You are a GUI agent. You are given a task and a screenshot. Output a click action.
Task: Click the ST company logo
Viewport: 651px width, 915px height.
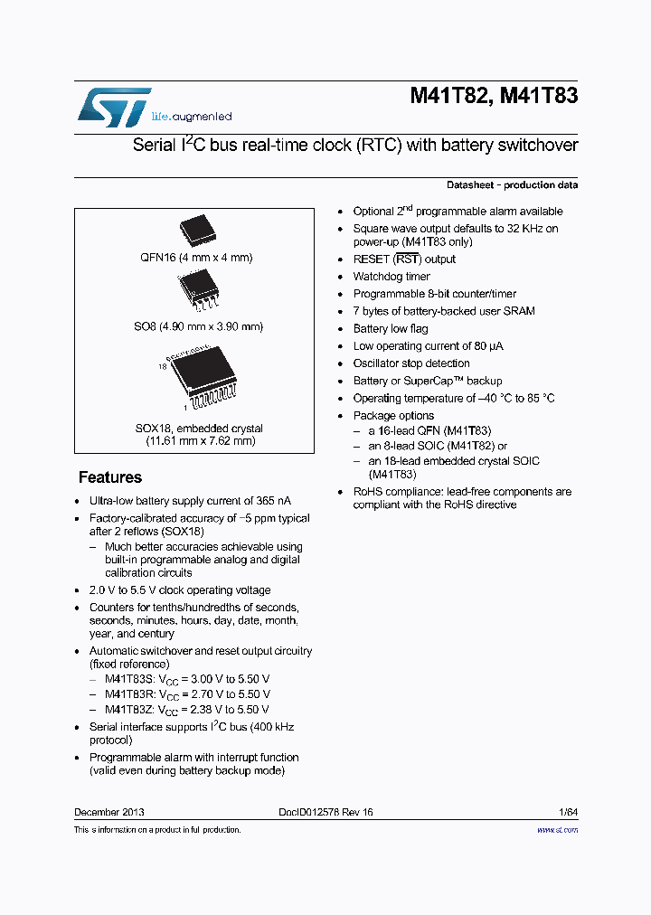(114, 107)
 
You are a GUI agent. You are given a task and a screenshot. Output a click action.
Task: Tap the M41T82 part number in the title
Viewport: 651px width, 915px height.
(449, 96)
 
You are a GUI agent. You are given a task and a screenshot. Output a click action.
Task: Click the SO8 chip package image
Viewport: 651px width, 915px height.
(200, 288)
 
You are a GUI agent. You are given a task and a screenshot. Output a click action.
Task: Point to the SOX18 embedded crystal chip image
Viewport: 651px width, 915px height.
(204, 375)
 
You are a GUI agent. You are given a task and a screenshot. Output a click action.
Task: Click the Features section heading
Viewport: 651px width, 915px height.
(109, 477)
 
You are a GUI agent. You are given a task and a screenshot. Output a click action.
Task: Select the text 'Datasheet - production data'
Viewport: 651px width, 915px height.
(512, 184)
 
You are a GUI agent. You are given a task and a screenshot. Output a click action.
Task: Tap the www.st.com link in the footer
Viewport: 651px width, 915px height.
(557, 829)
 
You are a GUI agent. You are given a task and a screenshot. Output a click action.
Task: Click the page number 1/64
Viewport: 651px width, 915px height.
(567, 812)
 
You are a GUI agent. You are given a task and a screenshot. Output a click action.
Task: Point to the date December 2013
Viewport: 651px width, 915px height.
(108, 812)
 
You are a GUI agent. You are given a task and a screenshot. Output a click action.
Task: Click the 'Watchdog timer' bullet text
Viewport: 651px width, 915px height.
(392, 277)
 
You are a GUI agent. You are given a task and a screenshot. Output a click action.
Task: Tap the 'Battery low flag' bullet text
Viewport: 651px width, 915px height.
(391, 329)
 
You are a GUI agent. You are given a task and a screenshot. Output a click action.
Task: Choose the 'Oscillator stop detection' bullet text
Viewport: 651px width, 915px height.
(411, 363)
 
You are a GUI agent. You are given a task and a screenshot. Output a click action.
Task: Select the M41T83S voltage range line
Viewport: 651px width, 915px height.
(187, 679)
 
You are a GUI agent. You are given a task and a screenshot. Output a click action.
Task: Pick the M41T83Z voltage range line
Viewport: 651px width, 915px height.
(187, 710)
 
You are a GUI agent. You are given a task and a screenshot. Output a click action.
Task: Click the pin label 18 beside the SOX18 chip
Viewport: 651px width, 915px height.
(163, 367)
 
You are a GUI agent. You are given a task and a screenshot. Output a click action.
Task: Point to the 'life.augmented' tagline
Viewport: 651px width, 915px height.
(191, 117)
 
